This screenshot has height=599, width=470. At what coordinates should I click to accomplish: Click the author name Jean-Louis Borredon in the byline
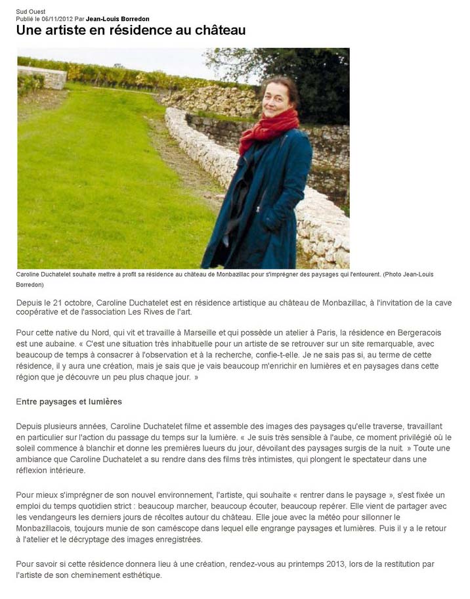coord(117,19)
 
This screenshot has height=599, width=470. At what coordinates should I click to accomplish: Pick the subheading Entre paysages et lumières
coord(69,401)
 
